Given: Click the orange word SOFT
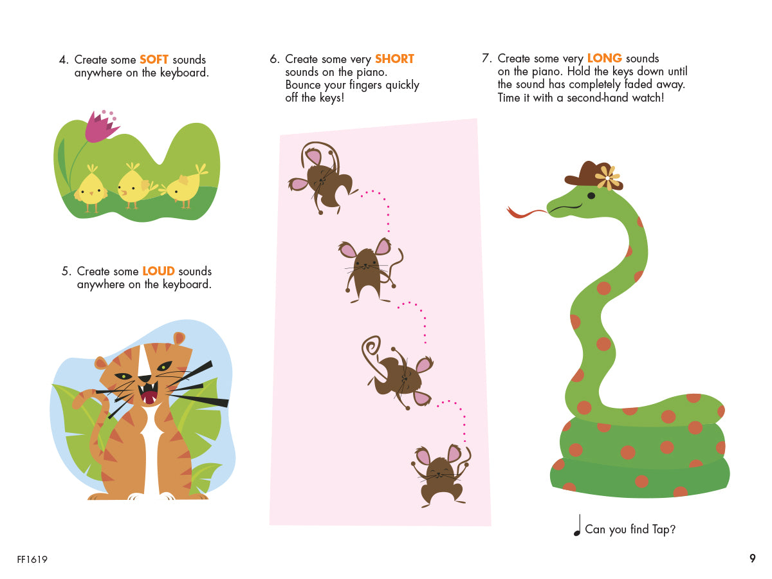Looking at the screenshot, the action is click(154, 59).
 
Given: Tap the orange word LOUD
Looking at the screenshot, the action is click(158, 271).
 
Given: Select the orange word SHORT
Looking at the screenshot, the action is click(394, 59).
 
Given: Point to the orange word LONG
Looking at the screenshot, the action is click(604, 58).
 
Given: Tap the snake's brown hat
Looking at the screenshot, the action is click(593, 175).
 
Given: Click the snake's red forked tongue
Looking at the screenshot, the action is click(526, 212).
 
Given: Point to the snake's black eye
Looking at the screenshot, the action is click(591, 196).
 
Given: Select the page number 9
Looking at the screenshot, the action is click(752, 558).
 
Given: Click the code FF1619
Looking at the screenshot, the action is click(32, 559).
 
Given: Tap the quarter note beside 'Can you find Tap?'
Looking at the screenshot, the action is click(577, 525).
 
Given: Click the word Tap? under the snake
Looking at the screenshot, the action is click(664, 529).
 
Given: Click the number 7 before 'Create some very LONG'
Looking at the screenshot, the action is click(486, 58).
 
